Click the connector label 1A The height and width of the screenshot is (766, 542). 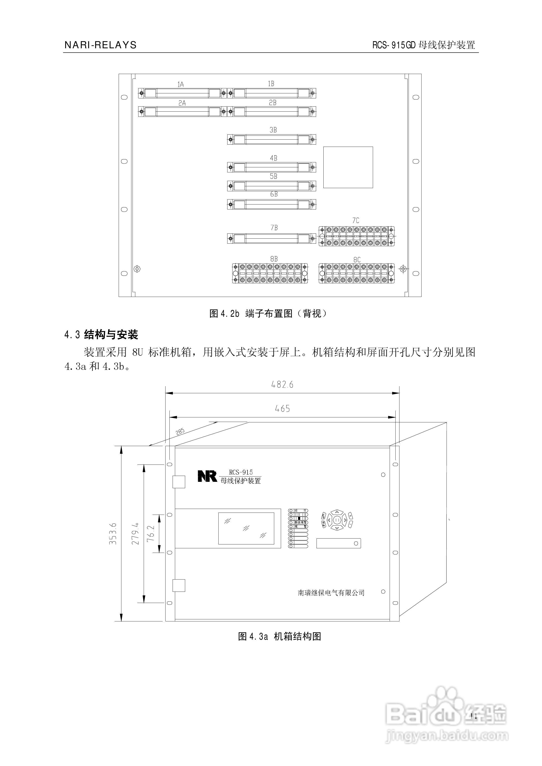coord(181,84)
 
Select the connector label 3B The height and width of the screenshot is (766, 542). coord(273,130)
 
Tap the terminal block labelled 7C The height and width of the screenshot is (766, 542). coord(356,236)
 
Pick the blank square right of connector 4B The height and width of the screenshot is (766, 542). coord(348,167)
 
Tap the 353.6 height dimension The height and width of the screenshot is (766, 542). coord(113,534)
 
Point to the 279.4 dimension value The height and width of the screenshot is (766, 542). coord(135,534)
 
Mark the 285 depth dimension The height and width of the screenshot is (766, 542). coord(180,431)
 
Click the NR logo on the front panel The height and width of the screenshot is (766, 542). coord(207,476)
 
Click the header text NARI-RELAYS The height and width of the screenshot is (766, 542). coord(100,45)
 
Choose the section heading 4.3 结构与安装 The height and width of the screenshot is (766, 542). coord(101,335)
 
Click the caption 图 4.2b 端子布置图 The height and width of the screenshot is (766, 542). coord(268,314)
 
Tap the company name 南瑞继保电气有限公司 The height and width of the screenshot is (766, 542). coord(331,593)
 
